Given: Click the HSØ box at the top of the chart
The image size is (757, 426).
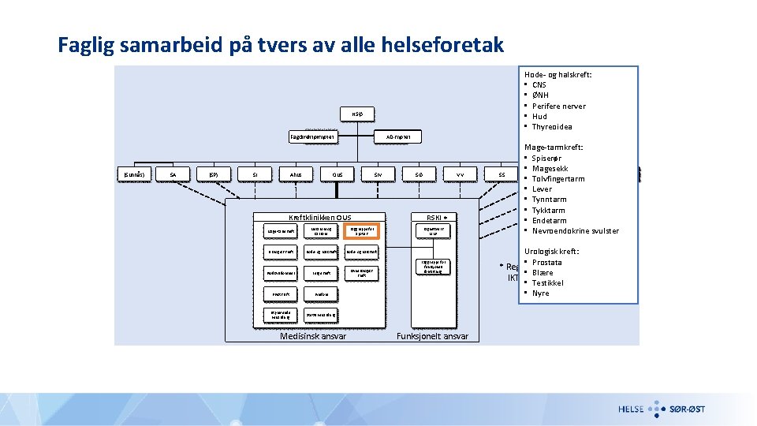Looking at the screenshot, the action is click(357, 114).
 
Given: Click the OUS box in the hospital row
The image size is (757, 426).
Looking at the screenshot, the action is click(337, 174).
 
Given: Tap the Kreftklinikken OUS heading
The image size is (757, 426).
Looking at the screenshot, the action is click(320, 218).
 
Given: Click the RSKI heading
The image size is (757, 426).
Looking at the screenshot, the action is click(436, 218).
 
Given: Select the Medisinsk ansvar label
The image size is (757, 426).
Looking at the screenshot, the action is click(313, 336).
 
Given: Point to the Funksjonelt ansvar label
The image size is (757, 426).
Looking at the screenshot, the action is click(432, 336).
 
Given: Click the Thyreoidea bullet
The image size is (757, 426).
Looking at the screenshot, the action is click(552, 127).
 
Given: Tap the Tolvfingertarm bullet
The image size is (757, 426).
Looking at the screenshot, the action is click(558, 179).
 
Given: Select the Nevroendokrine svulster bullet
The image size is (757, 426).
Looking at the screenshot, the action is click(575, 231).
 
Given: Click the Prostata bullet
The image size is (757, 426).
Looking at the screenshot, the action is click(546, 262).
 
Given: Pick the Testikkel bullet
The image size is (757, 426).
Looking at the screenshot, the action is click(547, 282).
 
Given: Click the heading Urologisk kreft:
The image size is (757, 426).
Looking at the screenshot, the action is click(552, 251).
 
